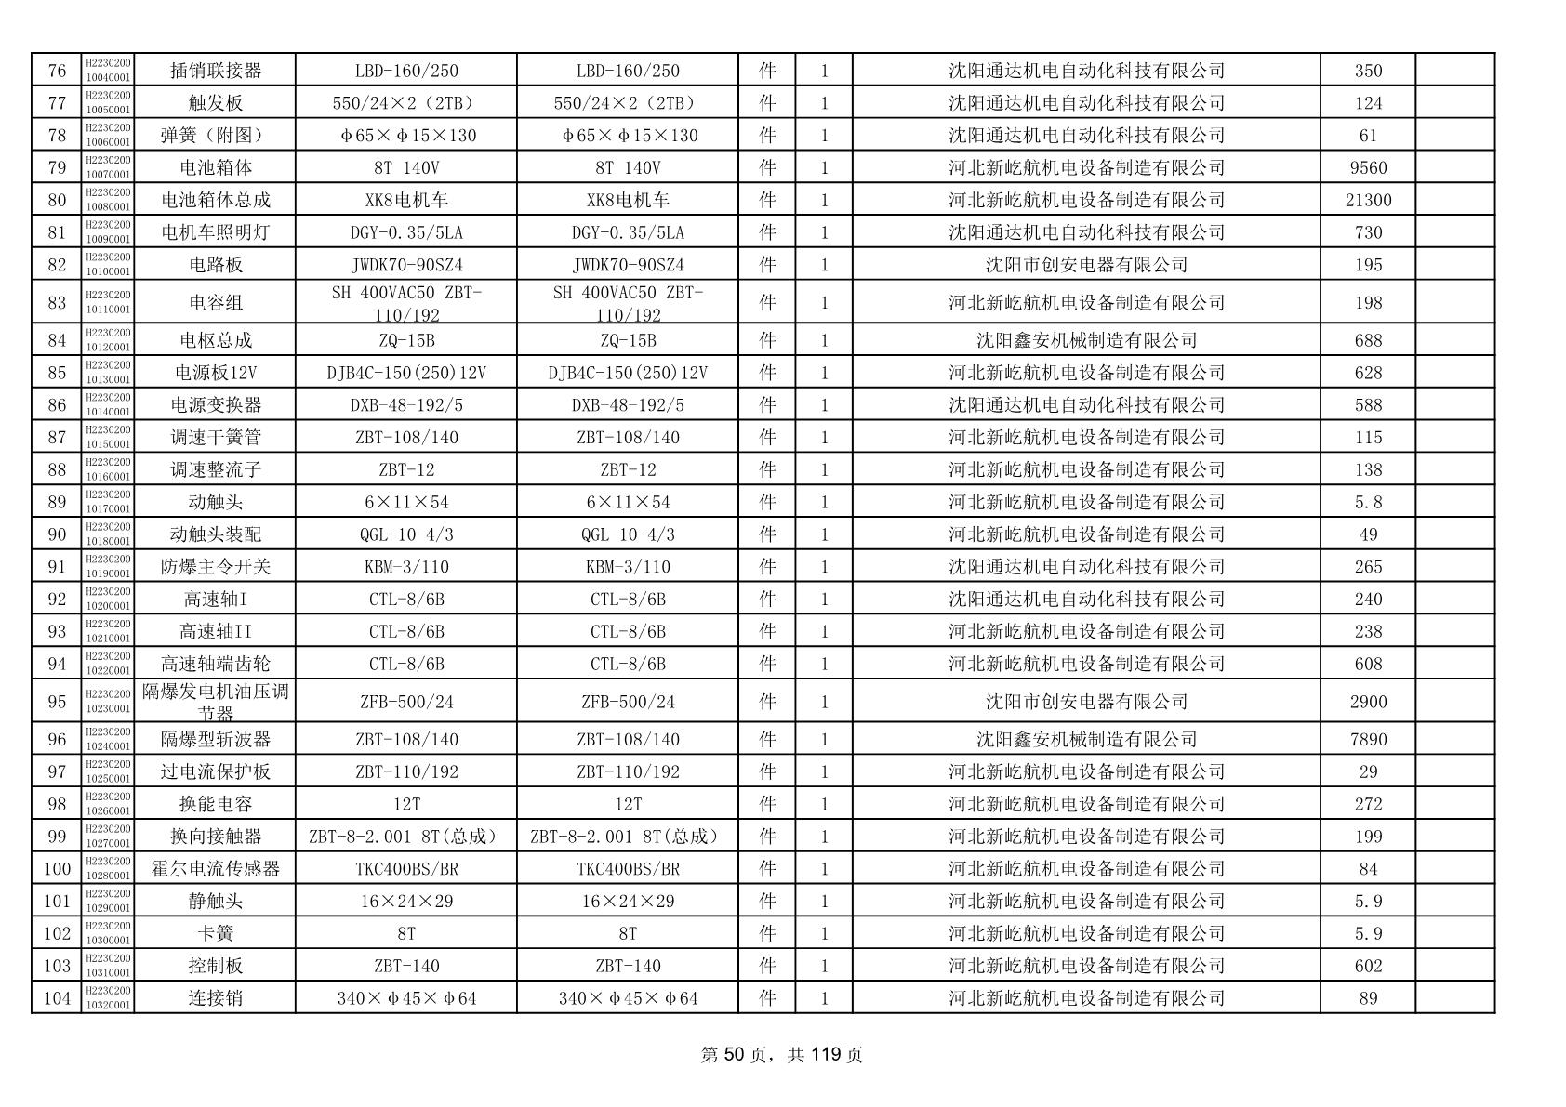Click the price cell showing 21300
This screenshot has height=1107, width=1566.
[1367, 200]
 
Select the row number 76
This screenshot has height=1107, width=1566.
[57, 71]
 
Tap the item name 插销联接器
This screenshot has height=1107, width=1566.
[215, 71]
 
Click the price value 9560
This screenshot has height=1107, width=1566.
[1367, 167]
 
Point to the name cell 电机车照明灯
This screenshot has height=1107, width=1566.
[215, 232]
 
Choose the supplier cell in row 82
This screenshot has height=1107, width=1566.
[1086, 265]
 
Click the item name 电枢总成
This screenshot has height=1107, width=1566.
[215, 340]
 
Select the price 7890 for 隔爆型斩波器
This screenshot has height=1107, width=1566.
[1367, 739]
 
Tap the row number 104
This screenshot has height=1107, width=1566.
[57, 998]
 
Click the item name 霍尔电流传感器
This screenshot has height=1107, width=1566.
[215, 869]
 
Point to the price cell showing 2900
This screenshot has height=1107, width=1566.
[1367, 702]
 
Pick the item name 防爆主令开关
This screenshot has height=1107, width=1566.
[215, 567]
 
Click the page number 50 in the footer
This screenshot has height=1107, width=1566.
[734, 1054]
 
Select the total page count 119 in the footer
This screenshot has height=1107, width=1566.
[826, 1054]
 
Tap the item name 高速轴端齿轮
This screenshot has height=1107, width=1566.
[215, 664]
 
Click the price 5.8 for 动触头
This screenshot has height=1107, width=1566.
[1367, 502]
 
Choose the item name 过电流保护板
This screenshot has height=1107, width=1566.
[215, 771]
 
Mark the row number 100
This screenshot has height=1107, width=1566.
[57, 869]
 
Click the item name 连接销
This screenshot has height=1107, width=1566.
[215, 998]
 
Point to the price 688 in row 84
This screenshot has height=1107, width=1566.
[1367, 340]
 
